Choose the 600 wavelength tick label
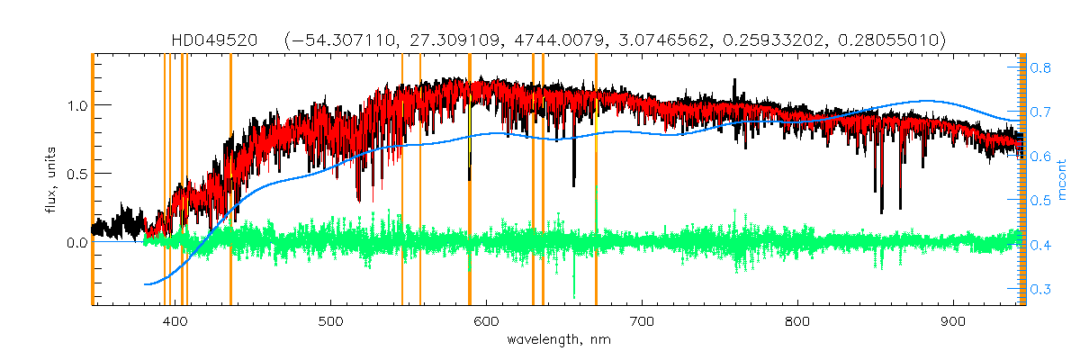[x=486, y=321]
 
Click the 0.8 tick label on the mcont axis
[x=1041, y=67]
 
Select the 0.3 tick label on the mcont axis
[x=1041, y=290]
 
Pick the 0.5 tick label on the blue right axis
[x=1041, y=201]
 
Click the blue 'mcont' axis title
[x=1063, y=180]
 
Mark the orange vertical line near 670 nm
[x=596, y=180]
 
